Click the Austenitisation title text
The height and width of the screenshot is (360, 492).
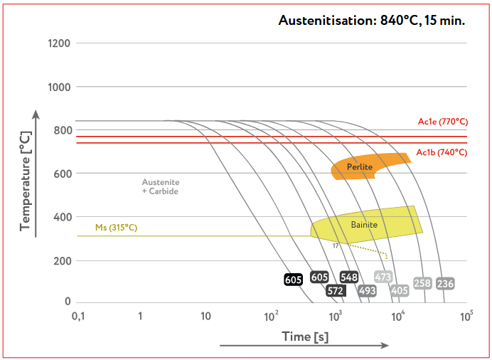(x=372, y=21)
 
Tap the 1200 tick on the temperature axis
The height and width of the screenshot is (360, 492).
(x=58, y=43)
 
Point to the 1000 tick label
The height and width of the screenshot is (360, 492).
(x=58, y=87)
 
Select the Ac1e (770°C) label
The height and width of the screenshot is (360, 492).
(x=442, y=122)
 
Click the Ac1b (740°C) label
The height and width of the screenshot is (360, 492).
(x=442, y=152)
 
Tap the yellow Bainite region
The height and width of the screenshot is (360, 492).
(x=364, y=225)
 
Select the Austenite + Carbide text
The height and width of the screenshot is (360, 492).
(x=160, y=186)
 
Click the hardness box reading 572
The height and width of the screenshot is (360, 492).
(x=336, y=290)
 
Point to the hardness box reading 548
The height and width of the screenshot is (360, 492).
(x=349, y=277)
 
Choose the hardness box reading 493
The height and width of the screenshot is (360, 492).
(x=367, y=290)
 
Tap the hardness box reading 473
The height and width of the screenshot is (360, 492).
(x=383, y=277)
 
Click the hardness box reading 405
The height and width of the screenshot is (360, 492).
(x=400, y=290)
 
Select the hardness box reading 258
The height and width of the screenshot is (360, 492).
(x=422, y=283)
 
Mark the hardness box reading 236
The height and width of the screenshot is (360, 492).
(x=445, y=283)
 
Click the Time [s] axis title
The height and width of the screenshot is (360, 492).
(x=302, y=336)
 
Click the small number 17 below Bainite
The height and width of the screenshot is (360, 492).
(x=335, y=245)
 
